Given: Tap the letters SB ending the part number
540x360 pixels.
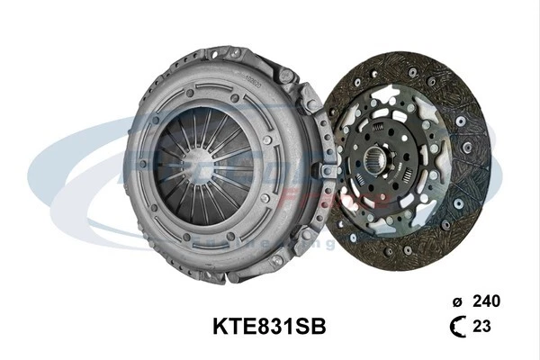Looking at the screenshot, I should tap(311, 326).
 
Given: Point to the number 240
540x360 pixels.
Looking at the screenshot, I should tap(486, 301).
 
